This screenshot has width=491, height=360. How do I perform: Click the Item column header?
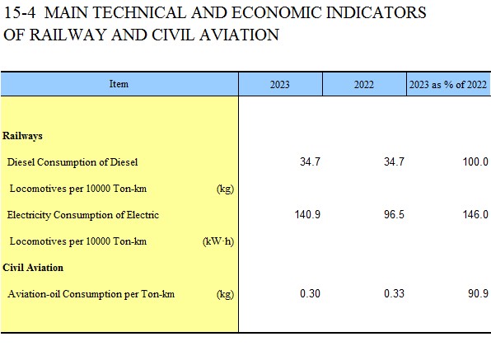pos(119,84)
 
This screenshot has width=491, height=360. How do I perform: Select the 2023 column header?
pos(279,85)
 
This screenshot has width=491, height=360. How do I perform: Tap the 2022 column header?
pos(364,85)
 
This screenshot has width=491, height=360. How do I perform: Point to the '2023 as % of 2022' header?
pos(448,85)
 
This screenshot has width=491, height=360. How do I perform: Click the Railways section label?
pos(22,136)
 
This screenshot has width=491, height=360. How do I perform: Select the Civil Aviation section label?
pos(33,268)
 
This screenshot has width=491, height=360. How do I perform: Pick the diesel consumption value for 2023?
pos(310,161)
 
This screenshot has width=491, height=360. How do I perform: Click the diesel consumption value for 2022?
pos(394,161)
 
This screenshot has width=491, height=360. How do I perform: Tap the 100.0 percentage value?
pos(475,161)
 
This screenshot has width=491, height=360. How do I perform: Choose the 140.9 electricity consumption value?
pos(307,214)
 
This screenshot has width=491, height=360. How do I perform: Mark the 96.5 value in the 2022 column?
pos(394,214)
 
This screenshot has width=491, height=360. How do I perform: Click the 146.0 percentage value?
pos(475,214)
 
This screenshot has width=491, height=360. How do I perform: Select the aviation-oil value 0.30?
pos(310,293)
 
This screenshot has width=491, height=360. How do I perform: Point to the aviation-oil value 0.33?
pos(394,293)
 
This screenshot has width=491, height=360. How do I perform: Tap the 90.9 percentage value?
pos(478,293)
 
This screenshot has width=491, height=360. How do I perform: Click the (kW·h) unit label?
pos(218,241)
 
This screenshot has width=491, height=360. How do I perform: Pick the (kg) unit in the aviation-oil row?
pos(225,294)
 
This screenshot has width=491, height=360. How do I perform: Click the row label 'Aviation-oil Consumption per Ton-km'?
pos(91,294)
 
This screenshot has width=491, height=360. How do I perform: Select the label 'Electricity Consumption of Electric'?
pos(83,215)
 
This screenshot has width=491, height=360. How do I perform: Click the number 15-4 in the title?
pos(20,13)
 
